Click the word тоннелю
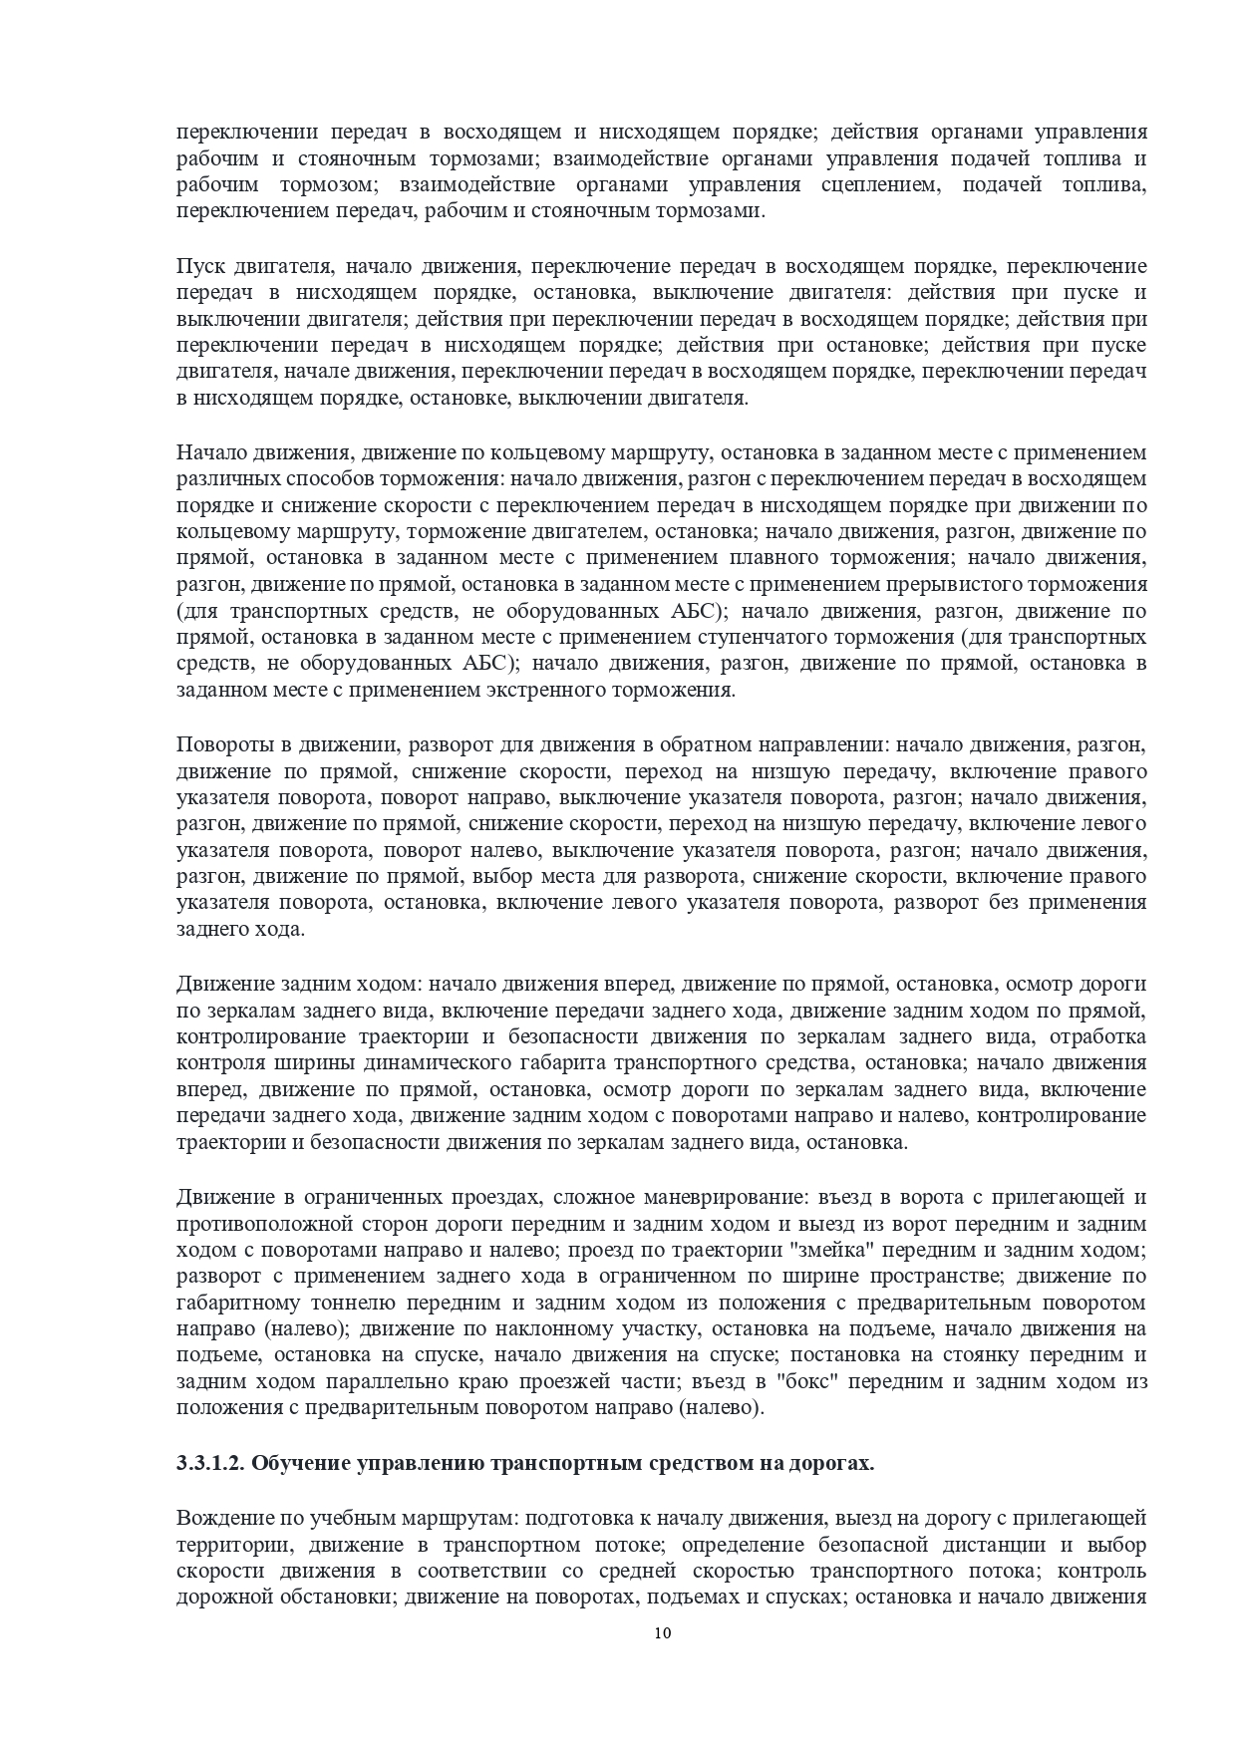319,1303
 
